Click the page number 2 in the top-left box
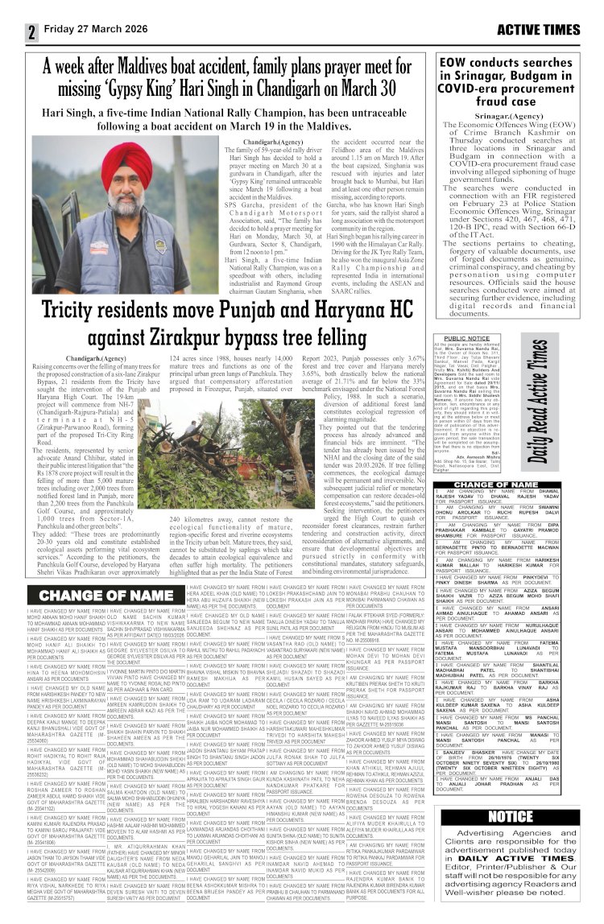coord(32,31)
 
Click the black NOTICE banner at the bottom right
coord(511,817)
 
